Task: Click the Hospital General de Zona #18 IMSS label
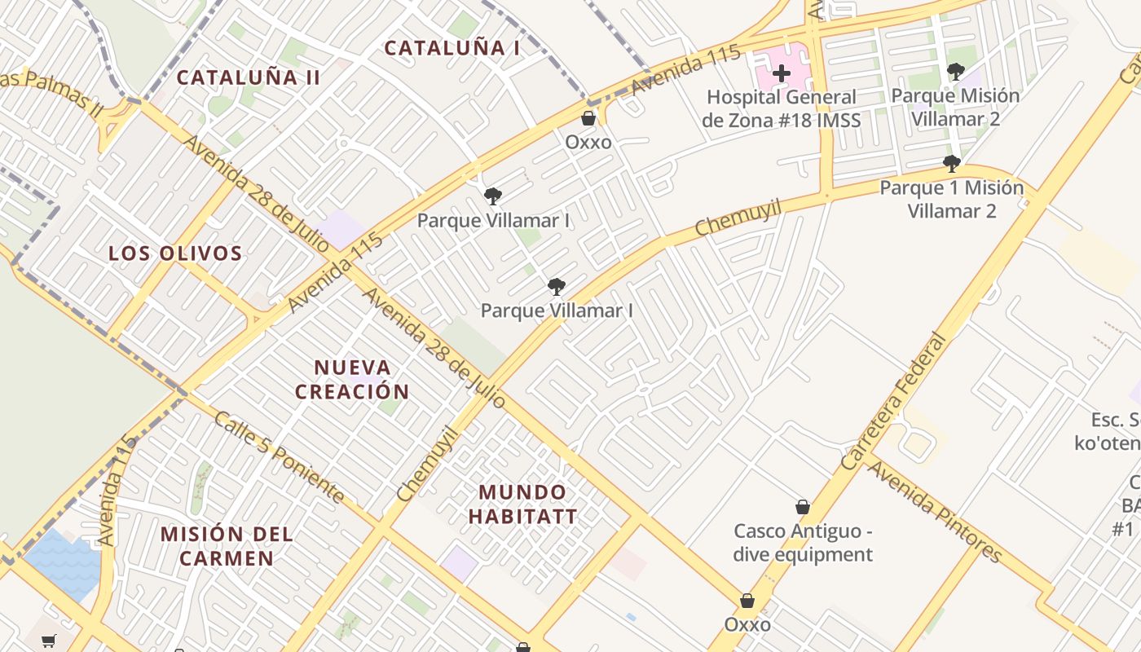tap(781, 109)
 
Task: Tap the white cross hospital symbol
tap(781, 73)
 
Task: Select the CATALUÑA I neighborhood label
tap(452, 48)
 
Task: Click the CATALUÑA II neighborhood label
tap(248, 77)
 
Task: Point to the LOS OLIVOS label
tap(175, 253)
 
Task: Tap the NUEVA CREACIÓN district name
tap(352, 379)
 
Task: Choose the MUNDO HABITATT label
tap(522, 504)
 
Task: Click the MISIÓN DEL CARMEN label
tap(227, 546)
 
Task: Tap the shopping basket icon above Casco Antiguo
tap(803, 507)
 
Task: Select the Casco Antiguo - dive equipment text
tap(803, 543)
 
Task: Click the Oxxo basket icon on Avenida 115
tap(588, 118)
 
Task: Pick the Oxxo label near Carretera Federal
tap(747, 624)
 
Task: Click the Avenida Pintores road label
tap(933, 513)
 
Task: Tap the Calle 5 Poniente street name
tap(278, 456)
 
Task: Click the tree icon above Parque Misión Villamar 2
tap(955, 72)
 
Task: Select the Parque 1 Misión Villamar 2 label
tap(951, 199)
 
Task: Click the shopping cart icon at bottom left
tap(49, 641)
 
